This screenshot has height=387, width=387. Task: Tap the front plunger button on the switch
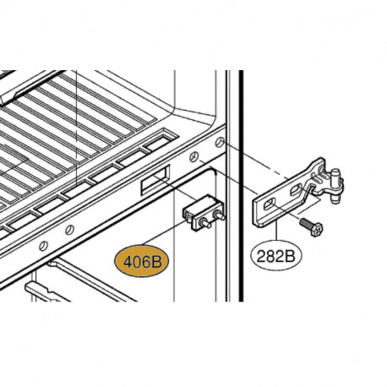click(x=205, y=225)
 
